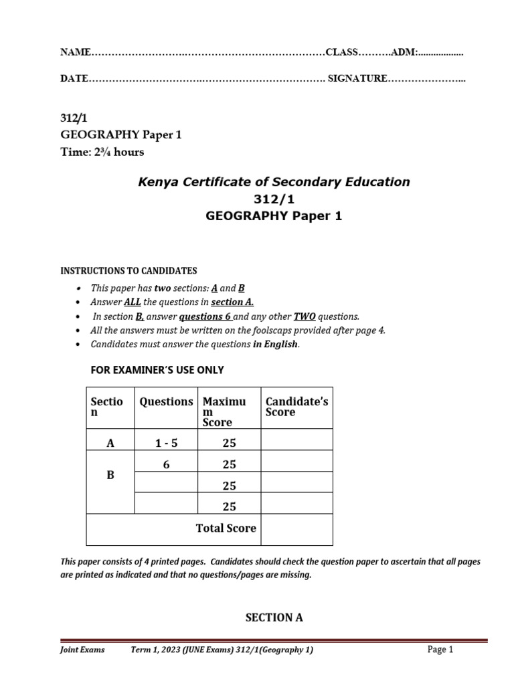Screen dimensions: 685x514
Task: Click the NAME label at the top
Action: point(75,52)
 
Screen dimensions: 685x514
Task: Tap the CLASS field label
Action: point(342,52)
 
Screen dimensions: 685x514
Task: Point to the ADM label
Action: point(404,52)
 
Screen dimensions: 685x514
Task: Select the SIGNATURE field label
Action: point(357,79)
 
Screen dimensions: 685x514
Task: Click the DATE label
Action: point(74,79)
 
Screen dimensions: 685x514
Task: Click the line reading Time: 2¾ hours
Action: point(102,152)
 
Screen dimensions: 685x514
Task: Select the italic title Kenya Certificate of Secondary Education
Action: point(273,182)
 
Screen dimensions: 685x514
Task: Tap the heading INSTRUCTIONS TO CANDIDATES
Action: point(128,271)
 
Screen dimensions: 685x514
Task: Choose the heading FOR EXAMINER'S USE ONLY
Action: point(157,370)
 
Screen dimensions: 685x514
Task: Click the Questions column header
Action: point(165,401)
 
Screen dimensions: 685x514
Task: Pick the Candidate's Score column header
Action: point(296,407)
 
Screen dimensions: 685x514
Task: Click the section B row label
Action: point(110,475)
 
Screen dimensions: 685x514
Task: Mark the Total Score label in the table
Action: point(226,528)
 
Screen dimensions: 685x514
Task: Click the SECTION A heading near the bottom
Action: point(274,617)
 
